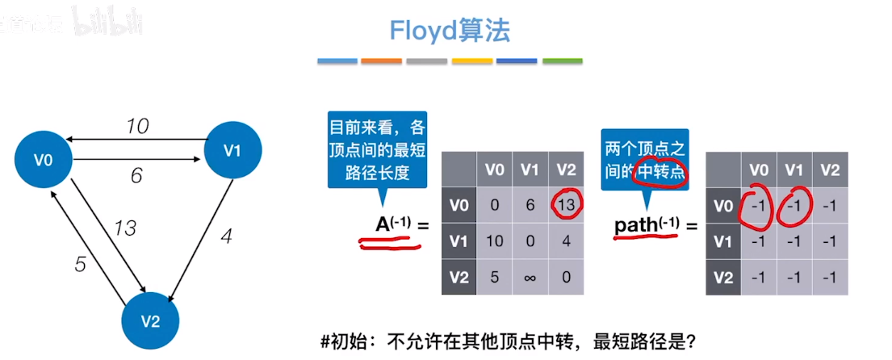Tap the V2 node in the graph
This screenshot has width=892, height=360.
click(150, 320)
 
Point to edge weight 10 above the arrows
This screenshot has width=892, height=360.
click(138, 126)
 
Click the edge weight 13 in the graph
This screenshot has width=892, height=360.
click(125, 228)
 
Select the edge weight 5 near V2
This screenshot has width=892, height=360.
click(80, 264)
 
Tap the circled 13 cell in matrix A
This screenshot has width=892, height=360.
click(566, 205)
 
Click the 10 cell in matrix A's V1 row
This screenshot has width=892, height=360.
click(493, 242)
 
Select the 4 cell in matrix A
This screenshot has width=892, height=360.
click(566, 242)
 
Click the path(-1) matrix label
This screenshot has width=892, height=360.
click(647, 224)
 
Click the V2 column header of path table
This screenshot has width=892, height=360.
click(830, 169)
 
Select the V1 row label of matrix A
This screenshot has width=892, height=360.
click(459, 242)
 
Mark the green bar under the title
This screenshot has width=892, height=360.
click(563, 61)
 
